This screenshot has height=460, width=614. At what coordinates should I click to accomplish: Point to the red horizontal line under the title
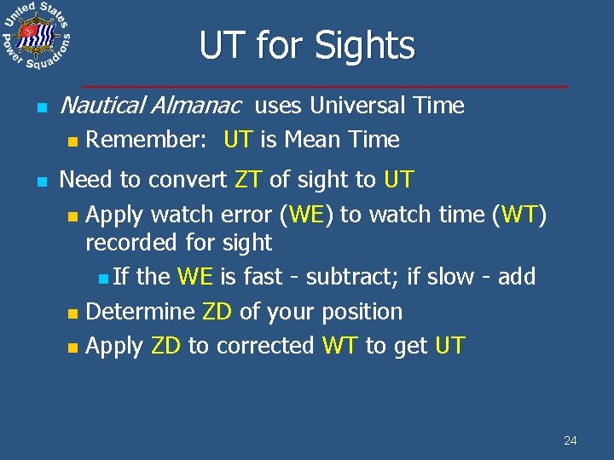tap(324, 87)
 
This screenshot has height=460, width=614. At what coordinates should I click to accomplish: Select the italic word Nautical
tap(101, 106)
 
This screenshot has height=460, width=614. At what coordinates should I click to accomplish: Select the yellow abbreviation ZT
tap(246, 181)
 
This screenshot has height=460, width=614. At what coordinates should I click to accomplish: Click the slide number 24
tap(571, 440)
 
